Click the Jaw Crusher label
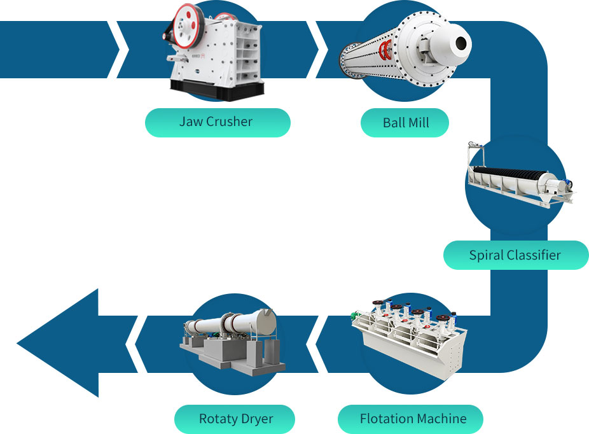tap(217, 122)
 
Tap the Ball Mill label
tap(405, 123)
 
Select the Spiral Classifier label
tap(515, 255)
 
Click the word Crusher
tap(230, 122)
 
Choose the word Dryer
tap(258, 419)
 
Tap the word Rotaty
tap(218, 419)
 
